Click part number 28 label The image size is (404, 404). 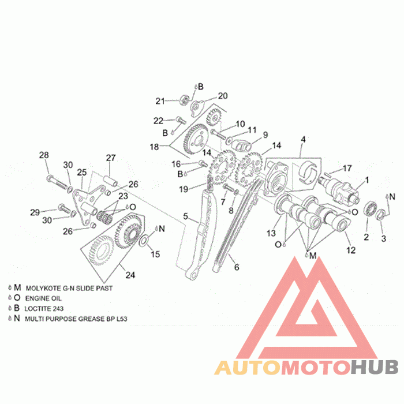pyautogui.click(x=44, y=155)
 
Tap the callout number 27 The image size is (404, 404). pyautogui.click(x=111, y=158)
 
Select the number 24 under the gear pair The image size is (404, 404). pyautogui.click(x=130, y=275)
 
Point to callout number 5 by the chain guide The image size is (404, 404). pyautogui.click(x=185, y=216)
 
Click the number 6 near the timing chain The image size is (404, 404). pyautogui.click(x=237, y=267)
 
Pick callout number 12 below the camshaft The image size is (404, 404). pyautogui.click(x=351, y=250)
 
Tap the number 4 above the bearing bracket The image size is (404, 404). pyautogui.click(x=303, y=140)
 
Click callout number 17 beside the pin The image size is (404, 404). pyautogui.click(x=347, y=169)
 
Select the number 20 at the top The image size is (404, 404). pyautogui.click(x=223, y=96)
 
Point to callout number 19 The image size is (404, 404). pyautogui.click(x=184, y=189)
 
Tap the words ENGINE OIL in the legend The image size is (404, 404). pyautogui.click(x=43, y=298)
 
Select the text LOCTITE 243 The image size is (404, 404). pyautogui.click(x=44, y=308)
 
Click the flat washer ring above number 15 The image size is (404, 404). pyautogui.click(x=143, y=240)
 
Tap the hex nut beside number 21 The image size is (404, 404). pyautogui.click(x=184, y=100)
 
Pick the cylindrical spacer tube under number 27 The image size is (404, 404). pyautogui.click(x=111, y=181)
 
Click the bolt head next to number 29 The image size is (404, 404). pyautogui.click(x=61, y=207)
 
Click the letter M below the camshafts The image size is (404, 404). pyautogui.click(x=313, y=256)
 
